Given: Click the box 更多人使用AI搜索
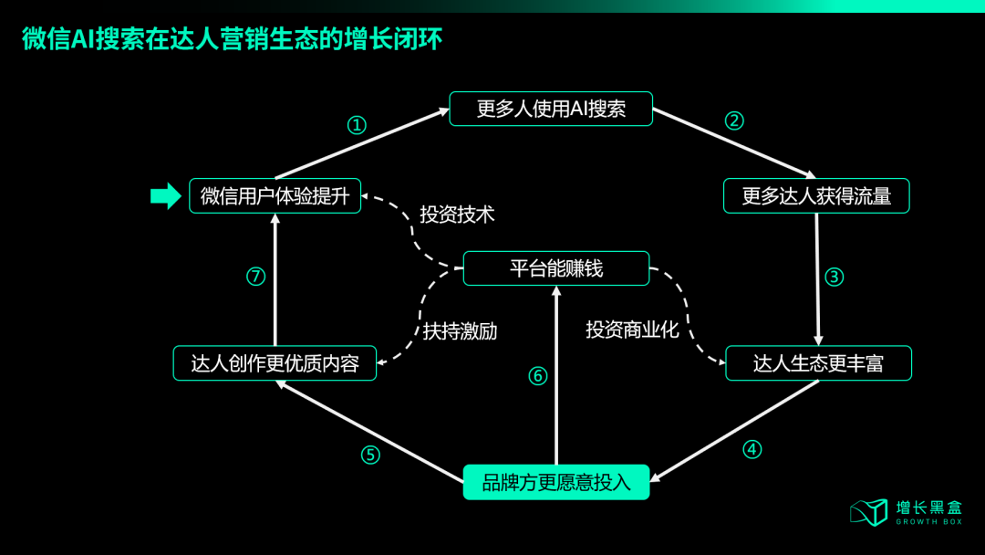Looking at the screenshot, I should (551, 109).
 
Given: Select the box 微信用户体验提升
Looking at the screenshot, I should (275, 195).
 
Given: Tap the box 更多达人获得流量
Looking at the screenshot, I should (816, 195).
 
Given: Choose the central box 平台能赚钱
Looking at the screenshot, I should (556, 268).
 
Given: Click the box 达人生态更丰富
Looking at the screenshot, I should (818, 363).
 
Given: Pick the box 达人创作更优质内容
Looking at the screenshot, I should (275, 363).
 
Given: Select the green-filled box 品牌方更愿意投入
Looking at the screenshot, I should (556, 482).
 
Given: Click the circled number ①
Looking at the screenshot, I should (358, 125).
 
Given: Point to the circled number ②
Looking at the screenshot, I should (734, 120).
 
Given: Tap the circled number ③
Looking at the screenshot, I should (834, 277).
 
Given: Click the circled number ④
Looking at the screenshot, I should (752, 449).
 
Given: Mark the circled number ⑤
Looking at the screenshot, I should (369, 455).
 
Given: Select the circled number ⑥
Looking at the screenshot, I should (538, 376).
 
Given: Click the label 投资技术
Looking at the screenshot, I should (457, 215).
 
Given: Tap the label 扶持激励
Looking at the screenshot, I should (460, 331).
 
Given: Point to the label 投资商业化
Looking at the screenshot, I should (632, 330).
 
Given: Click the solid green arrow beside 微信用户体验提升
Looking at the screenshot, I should (165, 195).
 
